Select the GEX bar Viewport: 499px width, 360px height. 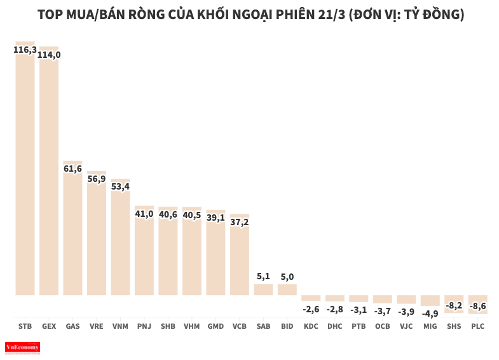(49, 175)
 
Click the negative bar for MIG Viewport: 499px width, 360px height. (430, 300)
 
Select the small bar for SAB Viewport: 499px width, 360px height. (263, 289)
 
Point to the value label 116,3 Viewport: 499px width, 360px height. (25, 49)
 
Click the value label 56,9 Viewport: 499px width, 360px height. (97, 179)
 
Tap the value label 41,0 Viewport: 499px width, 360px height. (144, 214)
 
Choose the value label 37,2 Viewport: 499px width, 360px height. (240, 221)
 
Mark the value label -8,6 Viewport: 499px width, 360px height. (477, 306)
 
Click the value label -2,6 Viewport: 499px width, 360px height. (311, 309)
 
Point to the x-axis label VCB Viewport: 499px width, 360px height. (240, 326)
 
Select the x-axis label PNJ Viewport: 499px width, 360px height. (144, 326)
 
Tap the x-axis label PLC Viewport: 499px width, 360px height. (477, 326)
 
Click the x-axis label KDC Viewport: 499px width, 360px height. (311, 326)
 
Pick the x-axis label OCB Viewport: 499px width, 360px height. (382, 326)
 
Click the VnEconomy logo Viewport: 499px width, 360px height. (22, 347)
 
